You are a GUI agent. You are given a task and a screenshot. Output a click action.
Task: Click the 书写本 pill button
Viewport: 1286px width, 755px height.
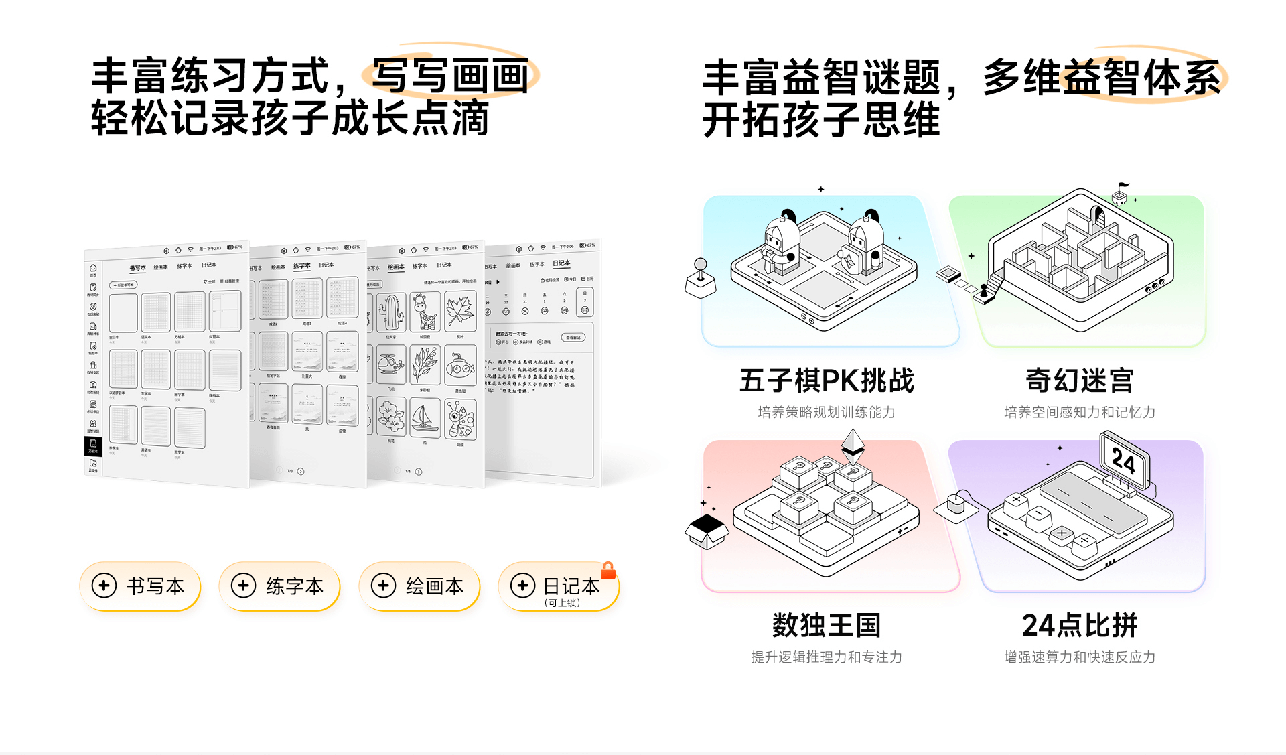[140, 586]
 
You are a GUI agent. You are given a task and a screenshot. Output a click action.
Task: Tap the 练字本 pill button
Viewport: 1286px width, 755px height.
[279, 586]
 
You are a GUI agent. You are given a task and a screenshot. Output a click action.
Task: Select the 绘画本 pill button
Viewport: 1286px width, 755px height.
[419, 586]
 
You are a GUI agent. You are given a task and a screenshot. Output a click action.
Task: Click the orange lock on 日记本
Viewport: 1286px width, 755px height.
[608, 571]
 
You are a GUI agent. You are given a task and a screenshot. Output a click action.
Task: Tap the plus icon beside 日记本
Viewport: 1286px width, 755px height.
[522, 586]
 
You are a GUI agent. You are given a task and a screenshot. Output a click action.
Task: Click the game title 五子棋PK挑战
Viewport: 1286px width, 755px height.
[827, 381]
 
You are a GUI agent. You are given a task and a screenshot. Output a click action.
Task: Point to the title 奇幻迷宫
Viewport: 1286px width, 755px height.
[1080, 381]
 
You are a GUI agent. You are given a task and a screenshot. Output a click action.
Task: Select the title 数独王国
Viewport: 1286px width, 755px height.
[827, 625]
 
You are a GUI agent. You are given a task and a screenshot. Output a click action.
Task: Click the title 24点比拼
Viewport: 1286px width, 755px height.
[1080, 625]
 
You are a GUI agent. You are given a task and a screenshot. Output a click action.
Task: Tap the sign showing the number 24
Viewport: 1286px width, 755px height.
[1124, 460]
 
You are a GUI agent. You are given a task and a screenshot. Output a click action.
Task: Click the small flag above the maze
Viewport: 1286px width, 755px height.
[1123, 186]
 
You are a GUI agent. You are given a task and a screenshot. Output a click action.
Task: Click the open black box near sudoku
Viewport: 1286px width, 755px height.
[707, 530]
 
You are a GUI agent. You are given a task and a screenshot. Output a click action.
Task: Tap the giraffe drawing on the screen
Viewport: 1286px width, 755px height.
[425, 312]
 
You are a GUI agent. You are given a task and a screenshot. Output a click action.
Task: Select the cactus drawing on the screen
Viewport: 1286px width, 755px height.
[391, 312]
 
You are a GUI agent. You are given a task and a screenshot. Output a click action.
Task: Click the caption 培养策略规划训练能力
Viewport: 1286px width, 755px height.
[827, 412]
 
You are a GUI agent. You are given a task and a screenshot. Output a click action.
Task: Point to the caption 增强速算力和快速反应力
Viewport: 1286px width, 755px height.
[1080, 657]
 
